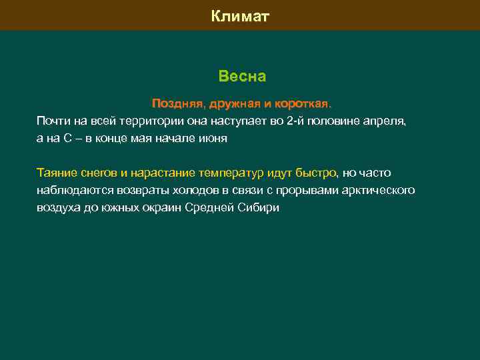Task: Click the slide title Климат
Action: (240, 15)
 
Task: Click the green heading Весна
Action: (242, 77)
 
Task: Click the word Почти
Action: (52, 121)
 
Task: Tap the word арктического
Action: (378, 191)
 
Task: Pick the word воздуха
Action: (58, 208)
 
